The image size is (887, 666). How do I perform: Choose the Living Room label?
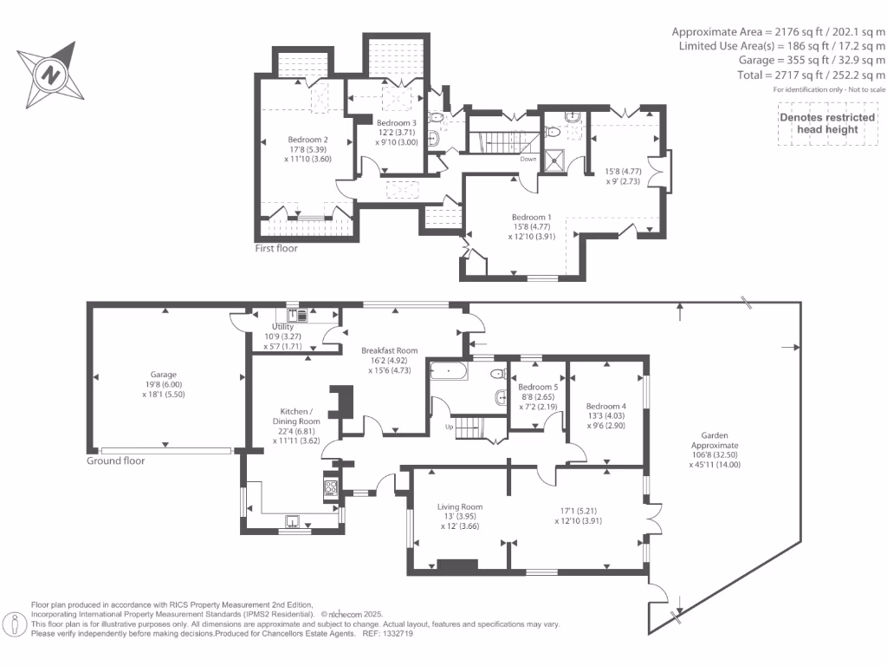point(460,506)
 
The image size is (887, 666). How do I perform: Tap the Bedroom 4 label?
point(605,406)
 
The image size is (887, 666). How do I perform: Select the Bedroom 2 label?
point(308,140)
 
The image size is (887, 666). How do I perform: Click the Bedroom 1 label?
point(531,217)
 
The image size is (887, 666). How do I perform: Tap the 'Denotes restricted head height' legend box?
point(819,123)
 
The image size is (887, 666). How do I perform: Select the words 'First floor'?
point(276,249)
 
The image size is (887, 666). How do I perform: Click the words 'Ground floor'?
point(116,460)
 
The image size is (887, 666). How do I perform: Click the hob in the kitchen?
point(330,487)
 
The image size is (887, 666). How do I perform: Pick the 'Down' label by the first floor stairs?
point(528,160)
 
